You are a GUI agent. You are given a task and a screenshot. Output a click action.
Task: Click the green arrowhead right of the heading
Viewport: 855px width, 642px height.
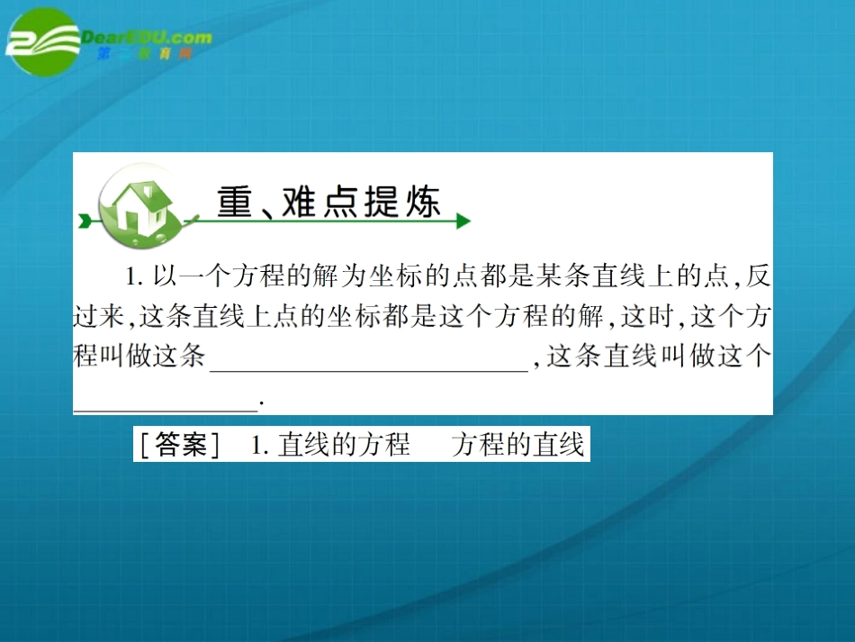tap(463, 221)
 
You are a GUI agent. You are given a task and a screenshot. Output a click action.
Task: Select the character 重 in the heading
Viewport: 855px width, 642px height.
tap(236, 202)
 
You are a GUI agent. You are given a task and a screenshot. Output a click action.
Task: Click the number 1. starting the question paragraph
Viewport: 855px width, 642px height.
tap(134, 276)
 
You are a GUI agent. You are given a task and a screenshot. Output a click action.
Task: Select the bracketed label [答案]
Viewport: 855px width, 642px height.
tap(176, 445)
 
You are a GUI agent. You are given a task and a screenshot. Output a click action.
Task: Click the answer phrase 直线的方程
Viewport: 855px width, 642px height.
tap(344, 445)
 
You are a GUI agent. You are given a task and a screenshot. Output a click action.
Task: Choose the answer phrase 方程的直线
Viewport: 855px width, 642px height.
tap(518, 445)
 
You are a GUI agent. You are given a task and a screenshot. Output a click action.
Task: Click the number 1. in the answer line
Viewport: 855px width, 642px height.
tap(260, 445)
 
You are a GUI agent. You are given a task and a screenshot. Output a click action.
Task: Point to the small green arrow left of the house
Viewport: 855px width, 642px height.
tap(85, 219)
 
